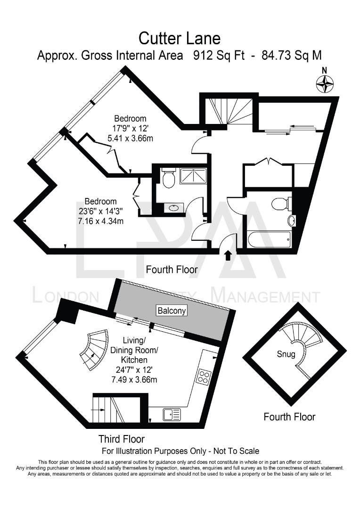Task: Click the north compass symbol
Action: pyautogui.click(x=325, y=83)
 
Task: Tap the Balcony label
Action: pyautogui.click(x=172, y=311)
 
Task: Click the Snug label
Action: pyautogui.click(x=286, y=354)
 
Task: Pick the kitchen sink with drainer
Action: pyautogui.click(x=172, y=414)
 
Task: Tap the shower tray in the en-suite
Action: pyautogui.click(x=193, y=176)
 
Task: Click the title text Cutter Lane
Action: pyautogui.click(x=180, y=38)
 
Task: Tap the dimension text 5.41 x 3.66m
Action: pyautogui.click(x=130, y=138)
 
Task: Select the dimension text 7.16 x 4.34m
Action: pyautogui.click(x=101, y=222)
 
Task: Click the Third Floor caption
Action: pyautogui.click(x=122, y=439)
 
